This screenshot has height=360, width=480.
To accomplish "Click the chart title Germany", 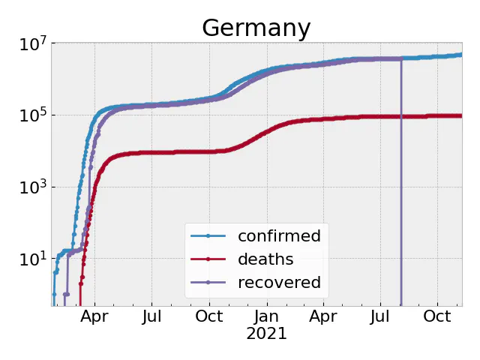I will coord(256,28).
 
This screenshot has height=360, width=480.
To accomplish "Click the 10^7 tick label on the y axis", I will coord(32,45).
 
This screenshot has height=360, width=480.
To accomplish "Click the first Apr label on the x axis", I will coord(95,316).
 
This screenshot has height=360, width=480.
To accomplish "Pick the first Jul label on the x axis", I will coord(152,316).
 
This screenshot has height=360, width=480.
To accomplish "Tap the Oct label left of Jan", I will coord(209,316).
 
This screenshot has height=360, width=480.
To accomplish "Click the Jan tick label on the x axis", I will coord(267,316).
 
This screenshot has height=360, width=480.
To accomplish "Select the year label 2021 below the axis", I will coord(267,334).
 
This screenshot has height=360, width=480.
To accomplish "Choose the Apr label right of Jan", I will coord(323,316).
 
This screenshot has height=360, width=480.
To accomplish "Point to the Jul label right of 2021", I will coord(380,316).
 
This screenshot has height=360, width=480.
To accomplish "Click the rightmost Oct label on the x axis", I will coord(437,316).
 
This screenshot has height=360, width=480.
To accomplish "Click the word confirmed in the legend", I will coord(279,236).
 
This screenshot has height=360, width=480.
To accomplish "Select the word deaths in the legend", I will coord(265,259).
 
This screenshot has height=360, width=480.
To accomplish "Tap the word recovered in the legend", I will coord(279,283).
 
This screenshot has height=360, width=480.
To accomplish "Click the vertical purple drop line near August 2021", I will coord(401,187).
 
